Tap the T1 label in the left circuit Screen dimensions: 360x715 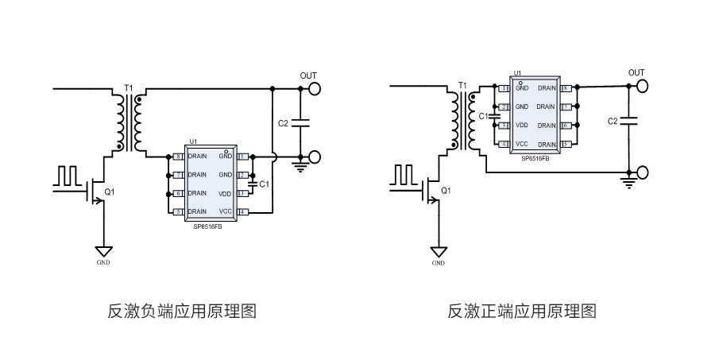click(x=129, y=87)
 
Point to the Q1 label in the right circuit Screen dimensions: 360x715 click(x=446, y=191)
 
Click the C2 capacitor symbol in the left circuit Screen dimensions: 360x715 click(x=301, y=123)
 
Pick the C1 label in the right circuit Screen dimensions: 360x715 click(x=483, y=116)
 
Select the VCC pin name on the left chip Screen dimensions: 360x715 click(x=226, y=211)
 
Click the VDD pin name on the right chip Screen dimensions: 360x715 click(x=522, y=126)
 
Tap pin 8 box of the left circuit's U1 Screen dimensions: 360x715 click(x=179, y=156)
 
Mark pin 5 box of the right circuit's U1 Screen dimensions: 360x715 click(x=566, y=145)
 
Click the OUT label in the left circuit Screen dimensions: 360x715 click(x=308, y=75)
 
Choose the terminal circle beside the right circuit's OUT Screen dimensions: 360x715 click(x=642, y=87)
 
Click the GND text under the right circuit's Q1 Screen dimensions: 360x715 click(x=439, y=262)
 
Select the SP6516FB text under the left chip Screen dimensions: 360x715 click(x=208, y=226)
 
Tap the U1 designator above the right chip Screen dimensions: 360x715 click(x=517, y=73)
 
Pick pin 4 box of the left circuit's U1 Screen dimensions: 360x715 click(x=244, y=211)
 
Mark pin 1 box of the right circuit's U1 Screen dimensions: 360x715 click(x=504, y=87)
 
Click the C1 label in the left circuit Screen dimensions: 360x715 click(x=265, y=184)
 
